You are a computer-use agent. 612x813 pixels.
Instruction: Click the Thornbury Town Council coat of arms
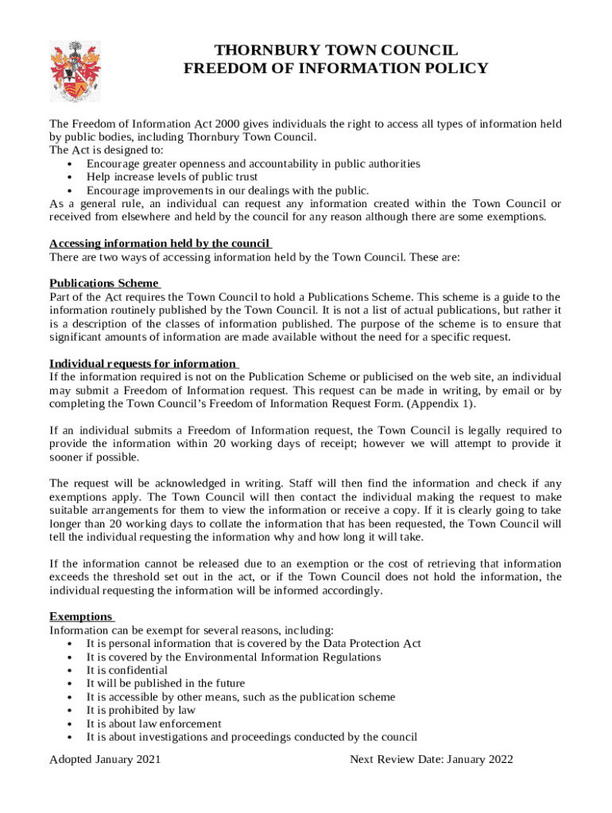pyautogui.click(x=76, y=71)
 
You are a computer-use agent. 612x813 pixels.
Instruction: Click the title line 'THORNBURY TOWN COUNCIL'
pyautogui.click(x=335, y=50)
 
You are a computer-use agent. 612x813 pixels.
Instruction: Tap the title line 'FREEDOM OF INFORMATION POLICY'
pyautogui.click(x=335, y=68)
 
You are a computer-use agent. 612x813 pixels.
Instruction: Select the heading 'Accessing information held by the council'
pyautogui.click(x=160, y=244)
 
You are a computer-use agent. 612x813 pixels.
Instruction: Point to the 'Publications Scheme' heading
pyautogui.click(x=104, y=283)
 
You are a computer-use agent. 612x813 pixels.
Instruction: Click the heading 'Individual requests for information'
pyautogui.click(x=142, y=364)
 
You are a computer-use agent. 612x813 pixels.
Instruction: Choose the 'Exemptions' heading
pyautogui.click(x=80, y=616)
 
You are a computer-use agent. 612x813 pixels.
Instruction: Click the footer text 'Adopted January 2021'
pyautogui.click(x=105, y=760)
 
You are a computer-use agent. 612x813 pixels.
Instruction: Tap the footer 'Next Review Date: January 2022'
pyautogui.click(x=432, y=760)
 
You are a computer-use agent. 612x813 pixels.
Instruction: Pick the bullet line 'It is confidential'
pyautogui.click(x=127, y=670)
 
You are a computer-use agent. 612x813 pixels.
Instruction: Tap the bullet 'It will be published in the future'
pyautogui.click(x=165, y=684)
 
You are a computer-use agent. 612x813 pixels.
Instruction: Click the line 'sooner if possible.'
pyautogui.click(x=94, y=458)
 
